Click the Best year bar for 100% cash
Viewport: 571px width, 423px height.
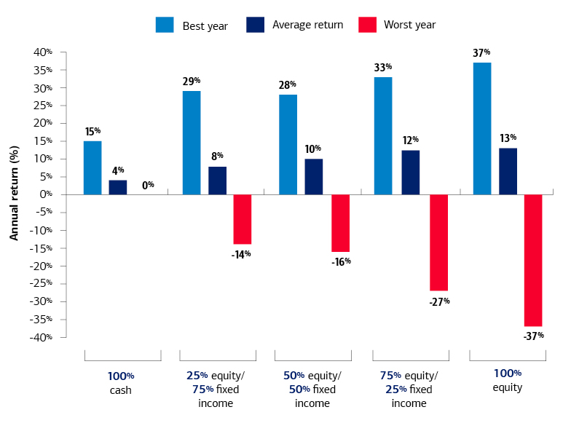pyautogui.click(x=92, y=167)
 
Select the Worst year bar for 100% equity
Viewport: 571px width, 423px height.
pyautogui.click(x=533, y=260)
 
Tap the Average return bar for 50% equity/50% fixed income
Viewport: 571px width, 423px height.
pyautogui.click(x=314, y=176)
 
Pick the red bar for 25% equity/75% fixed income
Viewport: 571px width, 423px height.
pyautogui.click(x=243, y=219)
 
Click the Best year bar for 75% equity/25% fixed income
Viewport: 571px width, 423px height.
pyautogui.click(x=383, y=135)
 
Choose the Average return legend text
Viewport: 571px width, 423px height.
pyautogui.click(x=307, y=25)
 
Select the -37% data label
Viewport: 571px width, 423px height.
pyautogui.click(x=533, y=336)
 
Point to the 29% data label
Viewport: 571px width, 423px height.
pyautogui.click(x=192, y=81)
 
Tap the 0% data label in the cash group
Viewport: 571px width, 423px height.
pyautogui.click(x=147, y=185)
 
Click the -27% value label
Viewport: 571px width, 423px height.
pyautogui.click(x=439, y=301)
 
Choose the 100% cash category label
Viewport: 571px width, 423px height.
pyautogui.click(x=122, y=382)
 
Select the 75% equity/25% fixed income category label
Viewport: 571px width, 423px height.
pyautogui.click(x=409, y=390)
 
